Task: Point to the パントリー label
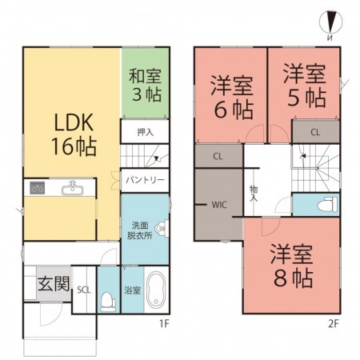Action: point(145,180)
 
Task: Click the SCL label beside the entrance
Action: point(82,291)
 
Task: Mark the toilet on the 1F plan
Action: point(109,300)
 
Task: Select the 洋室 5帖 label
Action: point(304,84)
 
